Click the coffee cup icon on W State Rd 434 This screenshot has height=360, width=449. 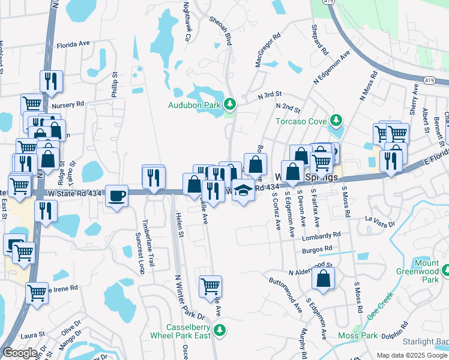[116, 195]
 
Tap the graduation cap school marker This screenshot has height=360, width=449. [243, 190]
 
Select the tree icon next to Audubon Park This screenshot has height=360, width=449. [229, 104]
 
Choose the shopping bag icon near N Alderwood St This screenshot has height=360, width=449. [323, 278]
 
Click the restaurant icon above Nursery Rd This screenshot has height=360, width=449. [51, 81]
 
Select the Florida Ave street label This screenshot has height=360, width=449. [73, 44]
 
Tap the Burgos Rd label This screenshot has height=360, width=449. [318, 249]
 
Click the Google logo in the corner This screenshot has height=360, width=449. [20, 353]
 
